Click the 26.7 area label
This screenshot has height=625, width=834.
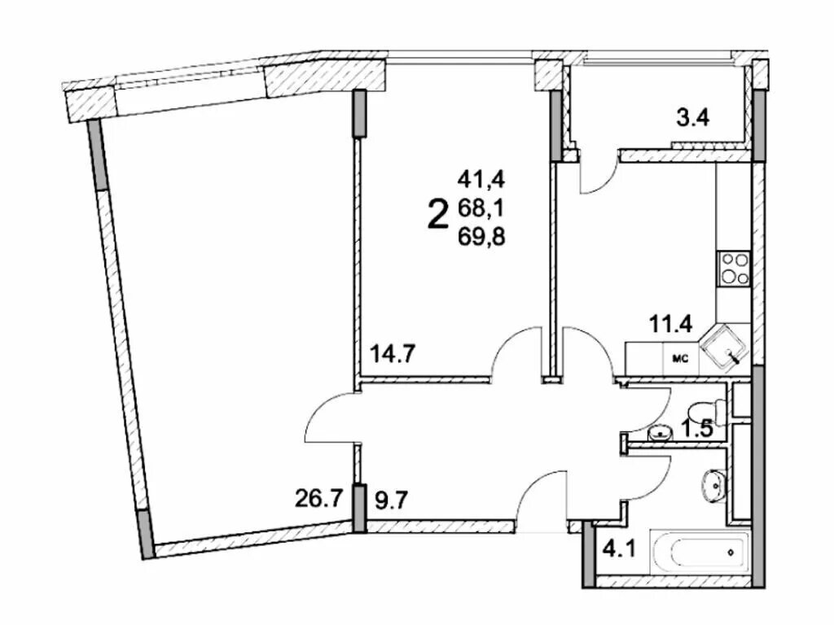[317, 500]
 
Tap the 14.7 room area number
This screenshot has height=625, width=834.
[393, 353]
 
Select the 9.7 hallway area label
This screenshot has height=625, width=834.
[392, 500]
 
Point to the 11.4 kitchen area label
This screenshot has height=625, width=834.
[670, 323]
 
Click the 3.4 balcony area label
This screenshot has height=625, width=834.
[692, 118]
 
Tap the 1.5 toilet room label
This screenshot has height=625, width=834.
[697, 428]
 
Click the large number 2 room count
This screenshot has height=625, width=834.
[437, 213]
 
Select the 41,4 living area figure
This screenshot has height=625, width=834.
[481, 180]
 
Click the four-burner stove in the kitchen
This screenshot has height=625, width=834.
[734, 269]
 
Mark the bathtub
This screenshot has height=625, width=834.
[700, 553]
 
